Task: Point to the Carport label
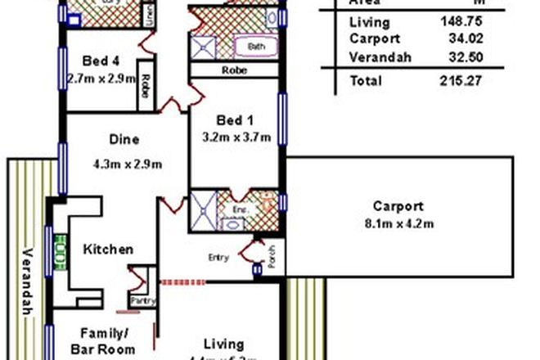click(398, 206)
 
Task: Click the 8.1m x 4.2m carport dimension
click(398, 224)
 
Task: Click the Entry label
click(218, 258)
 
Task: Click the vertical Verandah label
click(25, 281)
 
